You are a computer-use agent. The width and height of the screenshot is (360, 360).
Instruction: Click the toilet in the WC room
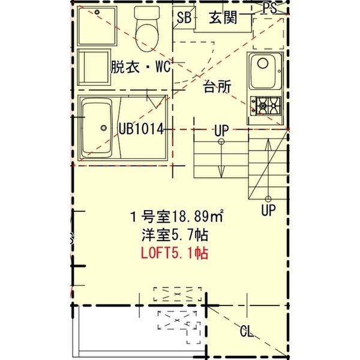click(x=147, y=29)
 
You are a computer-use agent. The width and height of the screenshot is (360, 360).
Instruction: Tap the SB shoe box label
click(x=184, y=17)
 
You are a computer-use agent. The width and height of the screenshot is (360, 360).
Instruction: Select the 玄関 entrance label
click(x=223, y=17)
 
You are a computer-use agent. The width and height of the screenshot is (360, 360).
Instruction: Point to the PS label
click(x=270, y=8)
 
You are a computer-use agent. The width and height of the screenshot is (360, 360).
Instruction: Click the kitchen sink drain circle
click(x=263, y=63)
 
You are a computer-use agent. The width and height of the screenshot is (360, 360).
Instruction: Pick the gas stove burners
click(x=266, y=106)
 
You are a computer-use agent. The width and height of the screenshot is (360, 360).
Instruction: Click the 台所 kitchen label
click(x=217, y=86)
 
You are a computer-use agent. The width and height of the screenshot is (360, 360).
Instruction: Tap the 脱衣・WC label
click(x=141, y=67)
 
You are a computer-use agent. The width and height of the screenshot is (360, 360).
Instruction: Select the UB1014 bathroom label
click(x=141, y=128)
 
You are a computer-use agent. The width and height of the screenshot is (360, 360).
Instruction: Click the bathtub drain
click(x=104, y=128)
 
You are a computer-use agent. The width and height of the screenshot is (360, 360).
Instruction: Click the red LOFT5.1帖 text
click(x=175, y=253)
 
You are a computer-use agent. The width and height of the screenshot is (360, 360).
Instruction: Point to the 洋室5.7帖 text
click(x=175, y=235)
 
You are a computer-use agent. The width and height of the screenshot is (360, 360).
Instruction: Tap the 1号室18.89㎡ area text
click(x=176, y=216)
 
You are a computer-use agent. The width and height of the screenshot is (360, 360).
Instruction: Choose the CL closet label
click(x=247, y=331)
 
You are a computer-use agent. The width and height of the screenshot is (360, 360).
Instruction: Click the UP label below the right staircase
click(x=268, y=210)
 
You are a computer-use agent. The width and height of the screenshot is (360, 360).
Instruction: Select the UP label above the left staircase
click(x=221, y=131)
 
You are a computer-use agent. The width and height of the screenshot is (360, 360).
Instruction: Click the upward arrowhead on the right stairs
click(x=268, y=145)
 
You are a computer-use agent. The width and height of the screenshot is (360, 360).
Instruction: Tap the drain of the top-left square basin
click(x=97, y=12)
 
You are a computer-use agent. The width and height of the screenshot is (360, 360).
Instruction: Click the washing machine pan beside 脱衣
click(x=94, y=67)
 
